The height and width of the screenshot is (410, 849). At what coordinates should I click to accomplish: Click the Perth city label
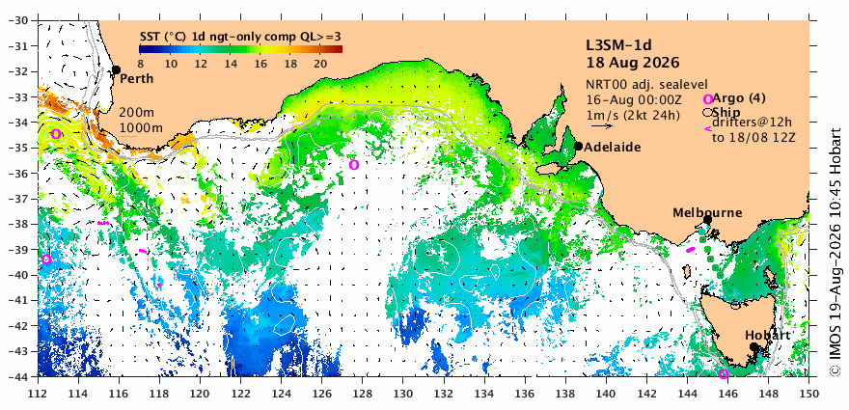136,79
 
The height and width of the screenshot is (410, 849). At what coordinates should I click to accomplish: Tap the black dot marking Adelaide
578,146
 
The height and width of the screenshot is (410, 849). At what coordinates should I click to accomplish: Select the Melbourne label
707,213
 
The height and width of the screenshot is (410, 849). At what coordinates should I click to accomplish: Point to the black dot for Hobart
753,346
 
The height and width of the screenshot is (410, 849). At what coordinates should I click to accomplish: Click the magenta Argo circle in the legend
708,99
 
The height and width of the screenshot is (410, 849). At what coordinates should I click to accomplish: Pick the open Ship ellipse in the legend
707,113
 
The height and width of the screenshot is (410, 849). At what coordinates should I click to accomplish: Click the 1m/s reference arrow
602,126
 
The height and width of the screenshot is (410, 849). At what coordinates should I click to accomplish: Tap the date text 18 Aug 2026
633,63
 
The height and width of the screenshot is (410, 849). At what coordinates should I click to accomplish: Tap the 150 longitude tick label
808,394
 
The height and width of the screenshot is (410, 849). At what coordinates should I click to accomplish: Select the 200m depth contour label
135,114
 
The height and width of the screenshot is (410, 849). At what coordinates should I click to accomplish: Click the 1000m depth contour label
139,128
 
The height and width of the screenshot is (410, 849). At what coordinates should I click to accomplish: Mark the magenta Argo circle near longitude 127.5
353,165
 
